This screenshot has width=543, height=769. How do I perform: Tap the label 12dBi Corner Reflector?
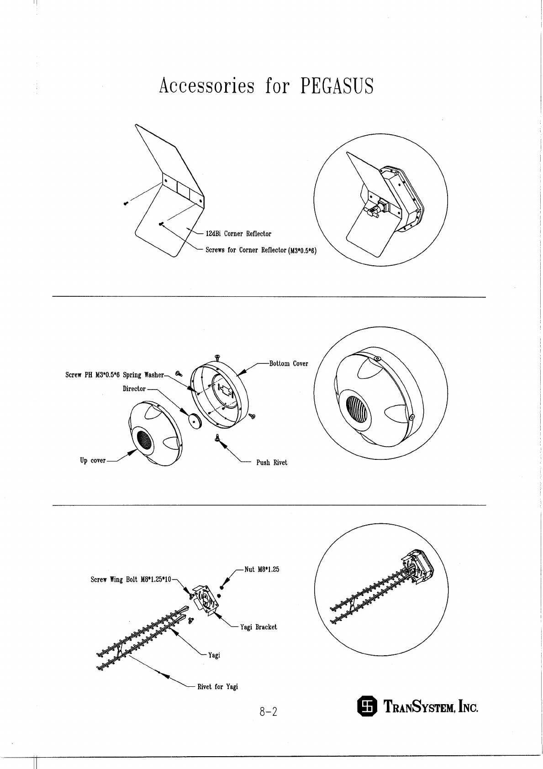coord(238,234)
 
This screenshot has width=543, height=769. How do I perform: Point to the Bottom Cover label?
coord(289,363)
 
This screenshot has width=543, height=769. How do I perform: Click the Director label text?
coord(134,389)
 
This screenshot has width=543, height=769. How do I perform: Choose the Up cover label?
coord(93,460)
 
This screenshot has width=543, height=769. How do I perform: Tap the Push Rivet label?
coord(272,463)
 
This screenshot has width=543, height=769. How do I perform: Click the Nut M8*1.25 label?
coord(262,569)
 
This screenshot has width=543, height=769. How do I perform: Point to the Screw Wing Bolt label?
coord(131,579)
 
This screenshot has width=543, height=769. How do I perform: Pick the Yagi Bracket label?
coord(258,627)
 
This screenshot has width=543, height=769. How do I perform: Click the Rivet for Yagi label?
coord(217,686)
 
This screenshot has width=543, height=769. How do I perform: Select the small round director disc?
coord(196,420)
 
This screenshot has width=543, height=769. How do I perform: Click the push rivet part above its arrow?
coord(218,437)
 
